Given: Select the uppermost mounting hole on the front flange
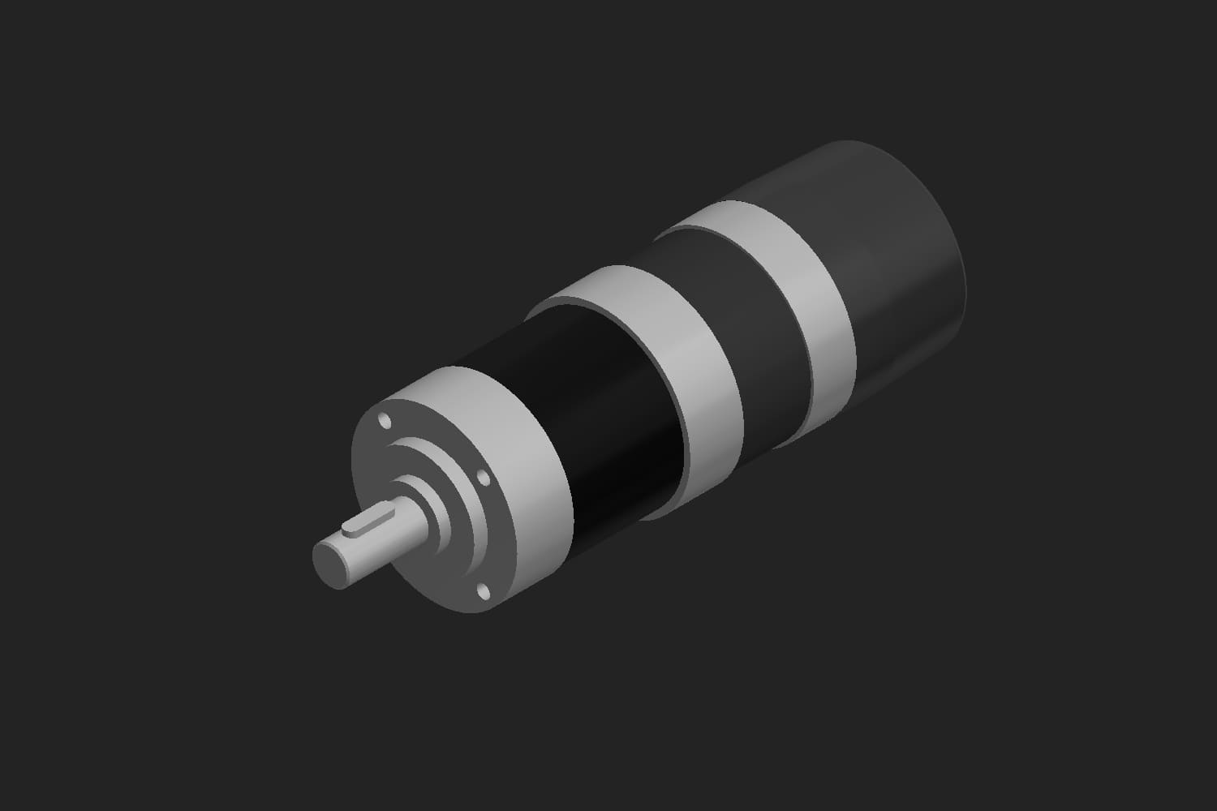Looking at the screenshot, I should (384, 421).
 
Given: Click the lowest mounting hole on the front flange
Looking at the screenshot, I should (484, 590).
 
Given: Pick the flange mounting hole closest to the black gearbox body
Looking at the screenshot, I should (486, 479).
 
